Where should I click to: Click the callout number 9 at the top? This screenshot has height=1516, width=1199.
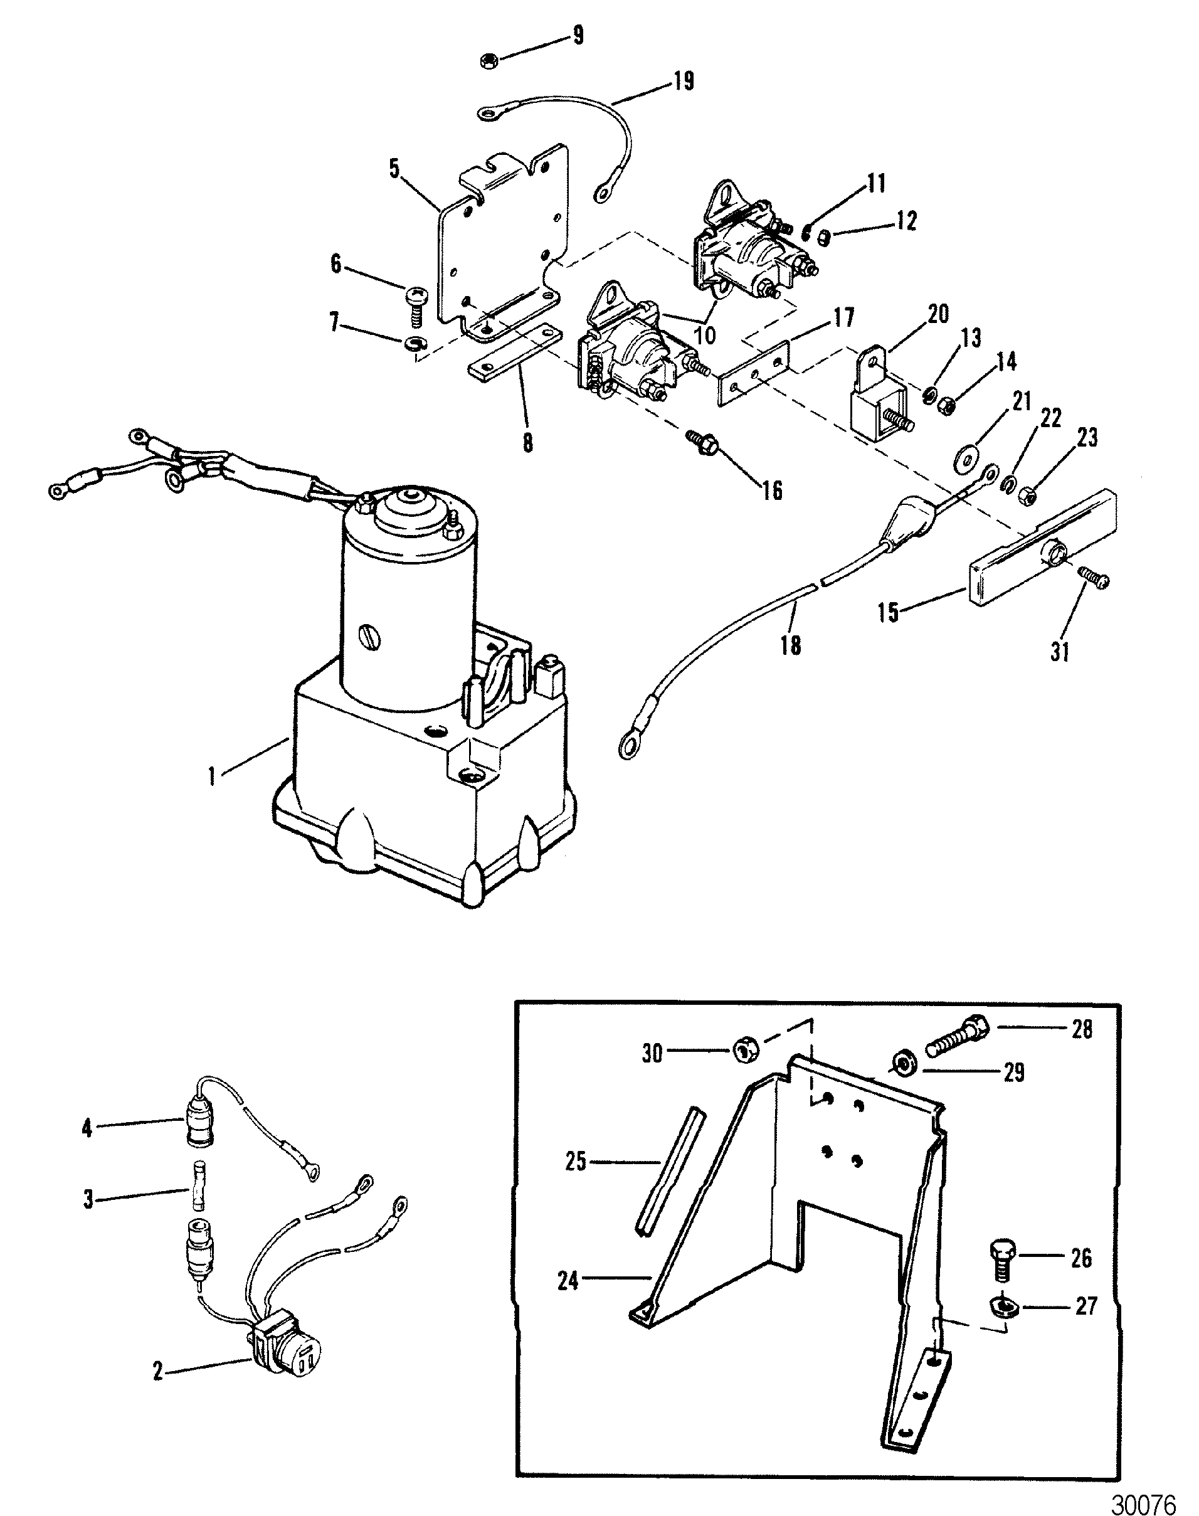click(578, 35)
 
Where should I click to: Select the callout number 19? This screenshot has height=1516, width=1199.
click(682, 82)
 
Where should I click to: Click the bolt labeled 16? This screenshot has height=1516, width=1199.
click(702, 440)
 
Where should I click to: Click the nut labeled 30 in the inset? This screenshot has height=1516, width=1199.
click(743, 1051)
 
